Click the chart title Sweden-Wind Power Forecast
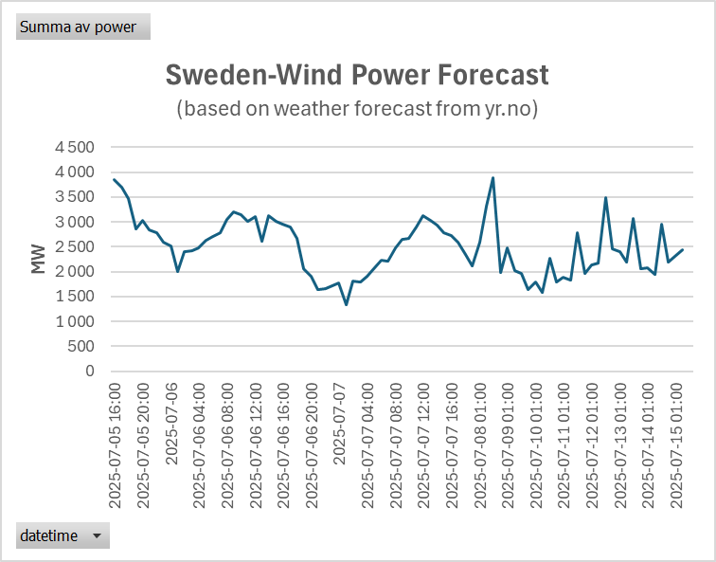click(357, 75)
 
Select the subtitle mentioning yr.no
click(357, 109)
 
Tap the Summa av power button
click(83, 27)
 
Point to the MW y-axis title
click(38, 259)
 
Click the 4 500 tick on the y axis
click(75, 148)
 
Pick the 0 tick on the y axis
click(89, 371)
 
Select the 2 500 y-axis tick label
click(75, 246)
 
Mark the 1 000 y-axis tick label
click(75, 321)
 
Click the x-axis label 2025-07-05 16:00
click(116, 445)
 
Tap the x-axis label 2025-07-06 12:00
click(256, 445)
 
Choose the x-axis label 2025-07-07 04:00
click(367, 445)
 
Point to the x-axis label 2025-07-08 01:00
click(480, 445)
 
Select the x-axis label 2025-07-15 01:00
click(676, 445)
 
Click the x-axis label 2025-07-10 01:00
click(536, 445)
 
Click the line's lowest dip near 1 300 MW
click(346, 304)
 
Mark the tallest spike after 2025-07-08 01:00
click(493, 178)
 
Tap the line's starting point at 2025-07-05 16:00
click(115, 179)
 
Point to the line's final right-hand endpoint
click(683, 249)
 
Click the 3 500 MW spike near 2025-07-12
click(605, 198)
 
